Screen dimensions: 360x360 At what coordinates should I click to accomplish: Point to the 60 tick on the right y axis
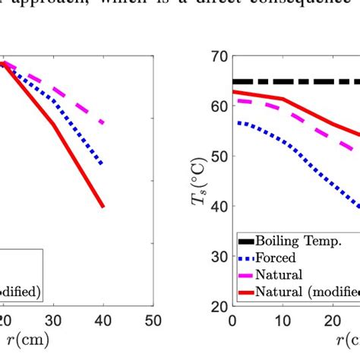coord(219,107)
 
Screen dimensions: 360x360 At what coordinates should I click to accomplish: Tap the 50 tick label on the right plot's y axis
coord(219,157)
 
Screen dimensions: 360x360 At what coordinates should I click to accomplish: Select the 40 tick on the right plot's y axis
coord(219,207)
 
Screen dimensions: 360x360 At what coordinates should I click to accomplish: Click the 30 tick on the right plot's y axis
coord(219,257)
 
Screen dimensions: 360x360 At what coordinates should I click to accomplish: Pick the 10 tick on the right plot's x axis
coord(283,320)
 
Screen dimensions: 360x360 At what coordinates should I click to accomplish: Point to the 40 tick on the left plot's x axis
coord(103,320)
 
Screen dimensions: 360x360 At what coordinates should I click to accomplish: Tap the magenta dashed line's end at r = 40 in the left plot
coord(103,122)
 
